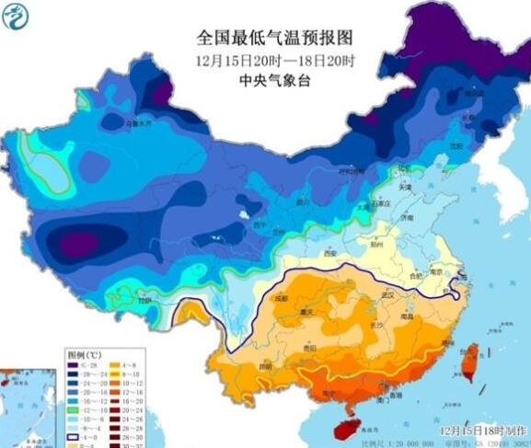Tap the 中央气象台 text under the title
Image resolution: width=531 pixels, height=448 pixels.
coord(265,80)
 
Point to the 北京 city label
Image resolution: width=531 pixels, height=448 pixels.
coord(403,169)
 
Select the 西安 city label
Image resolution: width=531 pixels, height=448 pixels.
coord(331,253)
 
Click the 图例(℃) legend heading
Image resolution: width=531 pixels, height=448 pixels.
coord(85,352)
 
